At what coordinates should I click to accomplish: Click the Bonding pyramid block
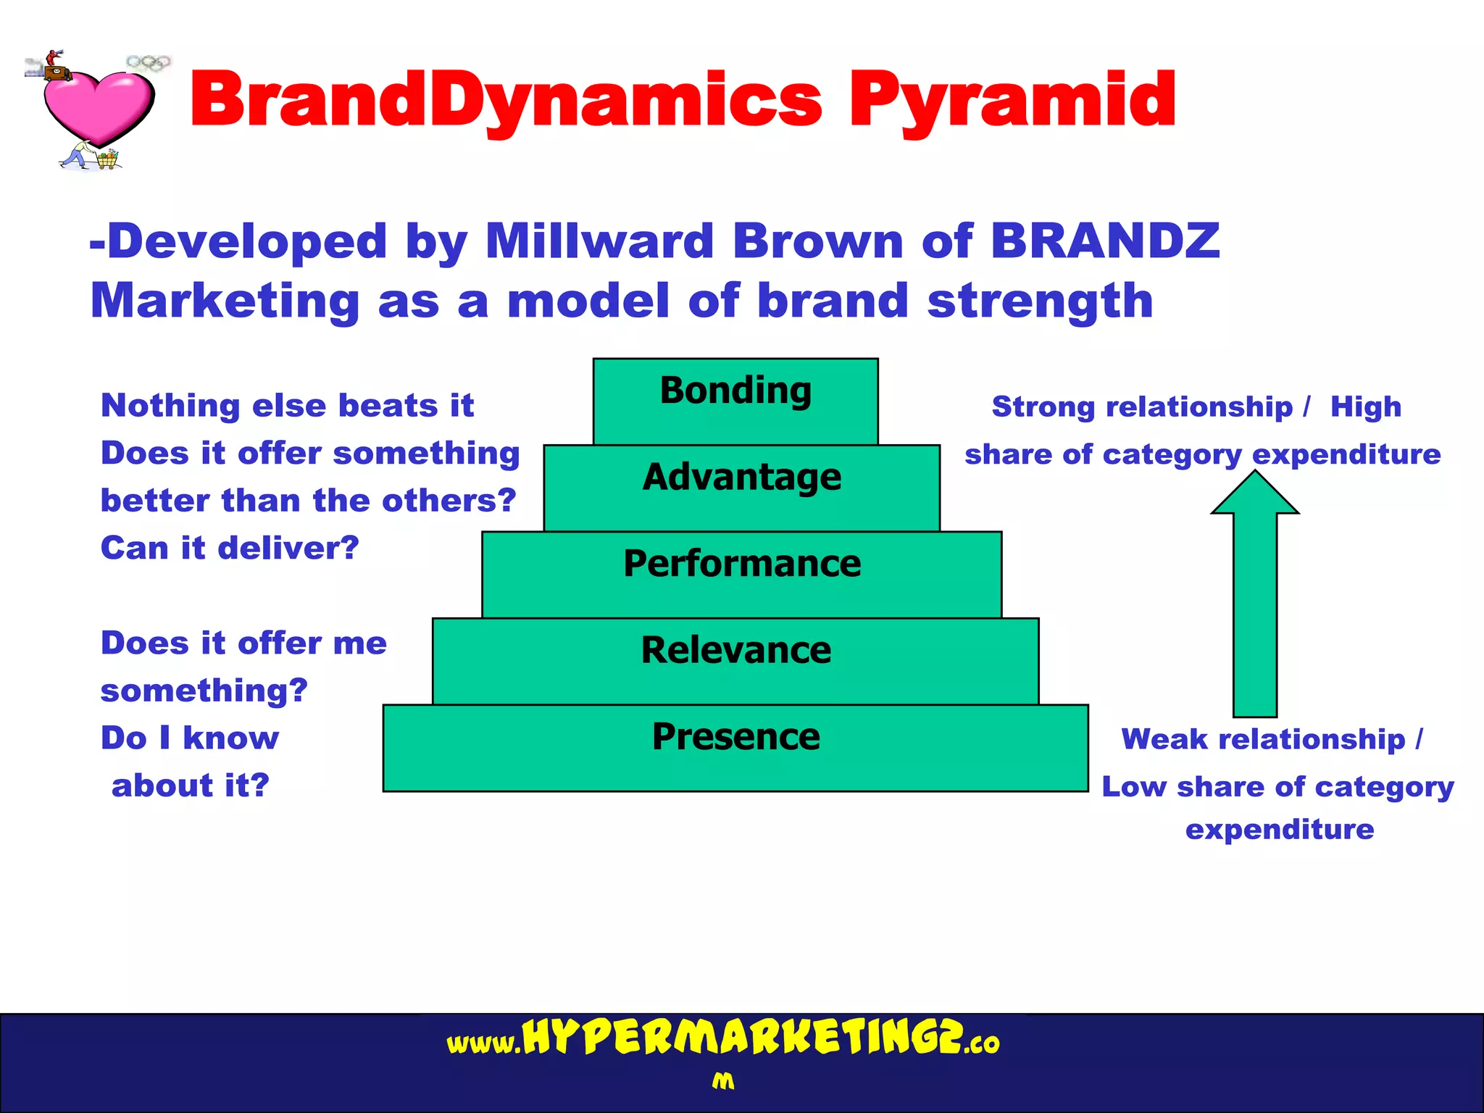click(735, 401)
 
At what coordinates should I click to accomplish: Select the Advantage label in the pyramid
click(742, 478)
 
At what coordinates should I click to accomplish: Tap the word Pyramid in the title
click(1012, 101)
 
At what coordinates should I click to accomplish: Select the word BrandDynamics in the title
click(505, 101)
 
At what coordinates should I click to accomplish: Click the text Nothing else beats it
click(287, 406)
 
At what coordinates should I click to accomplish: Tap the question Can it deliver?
click(230, 548)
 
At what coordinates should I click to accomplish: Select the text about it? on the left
click(191, 785)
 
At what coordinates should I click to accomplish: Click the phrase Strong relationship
click(1142, 407)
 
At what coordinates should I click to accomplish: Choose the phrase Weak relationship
click(1263, 740)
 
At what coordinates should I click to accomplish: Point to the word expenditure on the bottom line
click(1280, 830)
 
